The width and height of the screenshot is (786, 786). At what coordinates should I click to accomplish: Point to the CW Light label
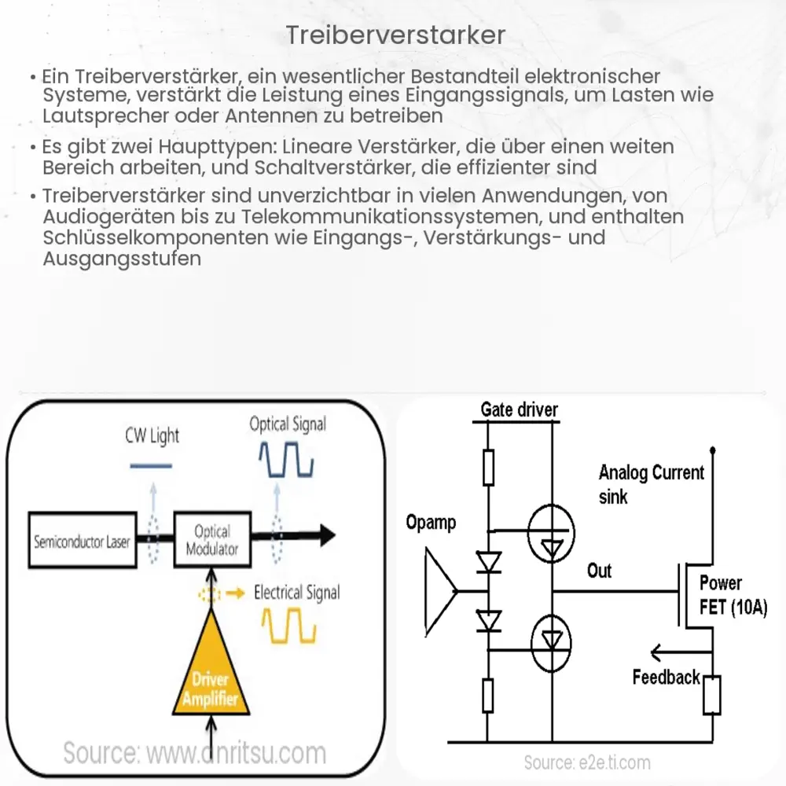point(152,435)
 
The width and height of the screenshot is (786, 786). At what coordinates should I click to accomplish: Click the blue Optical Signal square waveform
point(288,461)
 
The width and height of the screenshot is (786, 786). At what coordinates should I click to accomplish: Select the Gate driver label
point(519,410)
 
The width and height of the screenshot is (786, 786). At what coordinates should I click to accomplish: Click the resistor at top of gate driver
point(488,467)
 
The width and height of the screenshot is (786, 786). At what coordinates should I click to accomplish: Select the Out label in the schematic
point(599,571)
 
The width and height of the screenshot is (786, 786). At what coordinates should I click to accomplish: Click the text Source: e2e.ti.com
point(587,762)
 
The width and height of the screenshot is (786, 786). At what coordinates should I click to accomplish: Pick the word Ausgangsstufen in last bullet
point(122,258)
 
